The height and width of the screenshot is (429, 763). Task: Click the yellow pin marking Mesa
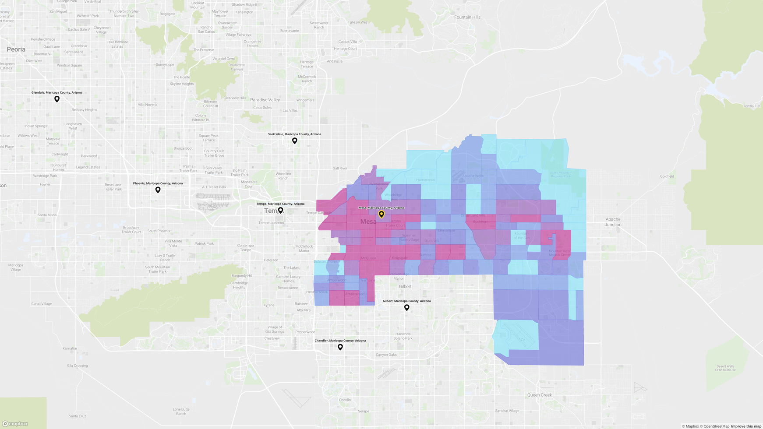(381, 214)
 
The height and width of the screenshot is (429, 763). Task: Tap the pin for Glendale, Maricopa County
(57, 99)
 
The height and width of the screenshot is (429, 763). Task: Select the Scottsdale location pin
(295, 141)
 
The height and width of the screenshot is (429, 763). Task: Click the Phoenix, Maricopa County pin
(158, 190)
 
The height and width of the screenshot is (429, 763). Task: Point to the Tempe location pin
(280, 210)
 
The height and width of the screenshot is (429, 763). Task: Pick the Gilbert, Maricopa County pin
(406, 307)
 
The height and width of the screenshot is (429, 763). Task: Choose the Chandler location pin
(340, 347)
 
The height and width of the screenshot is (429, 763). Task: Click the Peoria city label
(16, 49)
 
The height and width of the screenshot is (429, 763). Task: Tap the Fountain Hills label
(467, 18)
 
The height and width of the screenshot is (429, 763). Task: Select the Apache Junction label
(613, 222)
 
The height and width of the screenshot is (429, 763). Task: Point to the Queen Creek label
(539, 395)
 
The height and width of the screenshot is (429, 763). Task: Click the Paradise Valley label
(265, 100)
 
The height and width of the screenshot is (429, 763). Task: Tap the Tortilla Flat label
(752, 106)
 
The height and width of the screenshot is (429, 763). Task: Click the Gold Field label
(667, 176)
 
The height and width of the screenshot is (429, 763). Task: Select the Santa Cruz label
(78, 416)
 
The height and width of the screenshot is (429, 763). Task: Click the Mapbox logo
(15, 423)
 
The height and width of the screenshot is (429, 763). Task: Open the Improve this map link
(746, 426)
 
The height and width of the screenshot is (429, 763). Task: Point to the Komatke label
(70, 348)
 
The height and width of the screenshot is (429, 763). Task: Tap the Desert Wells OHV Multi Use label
(725, 368)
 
